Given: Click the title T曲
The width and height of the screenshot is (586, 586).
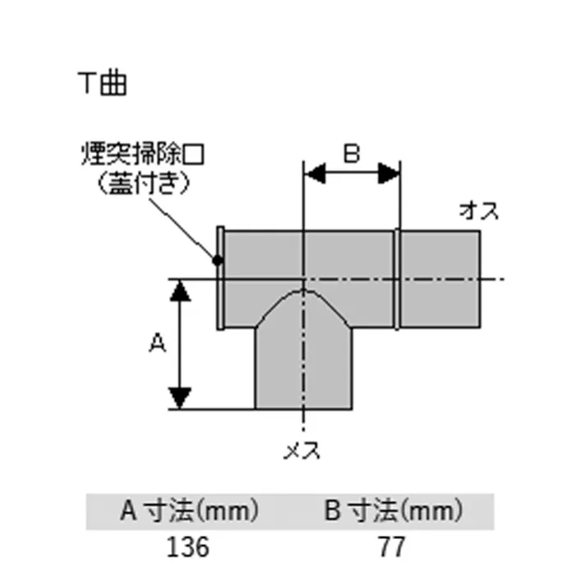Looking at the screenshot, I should click(102, 83).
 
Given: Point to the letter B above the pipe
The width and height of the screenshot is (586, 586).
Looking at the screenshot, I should click(351, 155).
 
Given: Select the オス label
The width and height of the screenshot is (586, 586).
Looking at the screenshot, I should click(478, 210).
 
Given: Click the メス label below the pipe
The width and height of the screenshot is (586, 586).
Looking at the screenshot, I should click(303, 450).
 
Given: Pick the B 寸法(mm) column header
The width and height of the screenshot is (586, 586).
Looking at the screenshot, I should click(392, 513).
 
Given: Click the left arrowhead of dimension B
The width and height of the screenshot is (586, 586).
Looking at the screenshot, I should click(315, 173).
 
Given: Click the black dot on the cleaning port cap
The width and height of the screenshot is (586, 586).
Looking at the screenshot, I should click(217, 261).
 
